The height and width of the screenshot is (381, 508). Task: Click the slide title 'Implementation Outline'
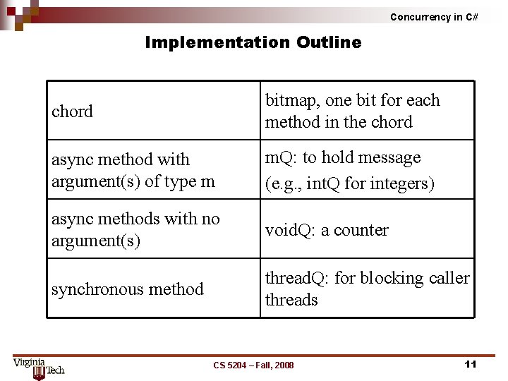tap(253, 42)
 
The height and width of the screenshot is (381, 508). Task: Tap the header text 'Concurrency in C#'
tap(434, 17)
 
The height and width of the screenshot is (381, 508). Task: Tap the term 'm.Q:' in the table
tap(282, 157)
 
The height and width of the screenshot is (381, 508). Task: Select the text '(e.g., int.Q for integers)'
tap(349, 183)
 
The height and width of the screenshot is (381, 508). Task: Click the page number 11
tap(471, 364)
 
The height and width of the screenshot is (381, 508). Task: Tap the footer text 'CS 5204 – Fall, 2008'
tap(254, 365)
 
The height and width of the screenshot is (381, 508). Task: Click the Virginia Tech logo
tap(38, 367)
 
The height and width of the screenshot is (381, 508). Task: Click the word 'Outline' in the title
tap(329, 42)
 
